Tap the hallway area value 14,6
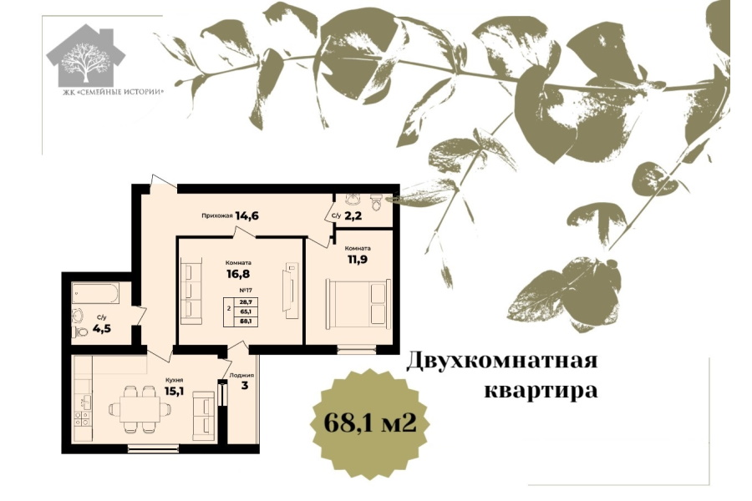tap(247, 215)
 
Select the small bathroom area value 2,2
tap(353, 215)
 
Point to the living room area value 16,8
tap(238, 274)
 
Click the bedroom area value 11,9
tap(358, 260)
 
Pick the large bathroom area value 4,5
tap(102, 329)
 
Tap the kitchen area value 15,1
tap(174, 392)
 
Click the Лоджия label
tap(241, 376)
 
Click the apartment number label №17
tap(246, 291)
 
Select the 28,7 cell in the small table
tap(246, 302)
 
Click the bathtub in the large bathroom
tap(95, 293)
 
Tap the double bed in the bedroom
tap(358, 304)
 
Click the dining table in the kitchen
tap(140, 409)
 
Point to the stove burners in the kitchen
tap(82, 418)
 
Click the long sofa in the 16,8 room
tap(191, 291)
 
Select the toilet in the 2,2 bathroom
tap(378, 201)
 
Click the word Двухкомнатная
tap(502, 361)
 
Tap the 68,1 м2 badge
tap(370, 424)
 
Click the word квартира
tap(541, 391)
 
